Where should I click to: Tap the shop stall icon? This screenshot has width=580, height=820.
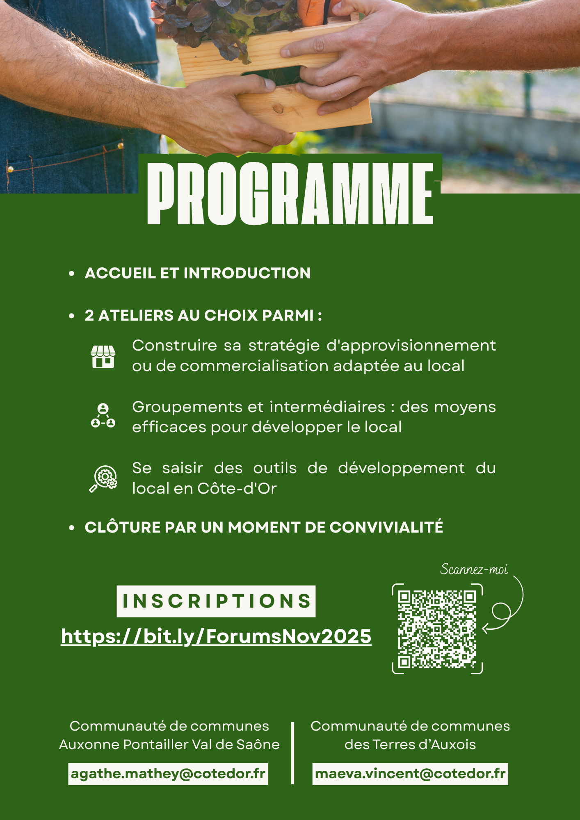[x=103, y=356]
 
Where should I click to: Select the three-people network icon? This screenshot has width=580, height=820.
[x=103, y=415]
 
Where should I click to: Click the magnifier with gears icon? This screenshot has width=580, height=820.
[x=103, y=478]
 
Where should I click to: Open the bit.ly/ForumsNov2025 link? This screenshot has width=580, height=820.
[x=216, y=636]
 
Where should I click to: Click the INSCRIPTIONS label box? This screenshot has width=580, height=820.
[x=216, y=601]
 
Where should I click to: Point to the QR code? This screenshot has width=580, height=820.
[x=437, y=629]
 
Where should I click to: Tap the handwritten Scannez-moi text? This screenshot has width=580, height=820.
[x=474, y=569]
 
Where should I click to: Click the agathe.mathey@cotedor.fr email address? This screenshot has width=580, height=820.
[x=168, y=774]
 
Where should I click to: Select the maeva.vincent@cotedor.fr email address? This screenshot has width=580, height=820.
[x=410, y=774]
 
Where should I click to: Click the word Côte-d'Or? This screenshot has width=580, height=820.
[x=237, y=488]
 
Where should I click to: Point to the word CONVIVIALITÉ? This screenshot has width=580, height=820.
[x=386, y=527]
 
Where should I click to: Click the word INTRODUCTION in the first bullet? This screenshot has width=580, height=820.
[x=247, y=273]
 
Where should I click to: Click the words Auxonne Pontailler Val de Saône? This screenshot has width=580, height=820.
[x=169, y=744]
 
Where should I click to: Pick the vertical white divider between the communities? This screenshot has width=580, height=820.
[x=292, y=753]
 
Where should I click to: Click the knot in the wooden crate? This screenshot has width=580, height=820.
[x=278, y=109]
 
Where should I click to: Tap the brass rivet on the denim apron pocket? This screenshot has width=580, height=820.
[x=120, y=145]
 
